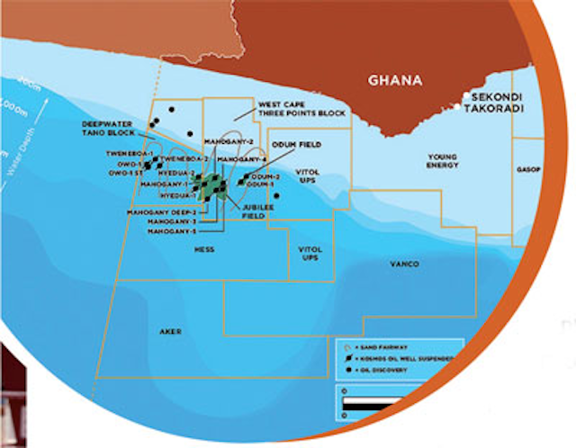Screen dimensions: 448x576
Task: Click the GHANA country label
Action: pos(394,80)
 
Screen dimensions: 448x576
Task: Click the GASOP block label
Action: pos(528,168)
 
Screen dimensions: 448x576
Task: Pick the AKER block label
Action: pos(170,331)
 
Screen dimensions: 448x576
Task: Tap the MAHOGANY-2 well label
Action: pos(221,142)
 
